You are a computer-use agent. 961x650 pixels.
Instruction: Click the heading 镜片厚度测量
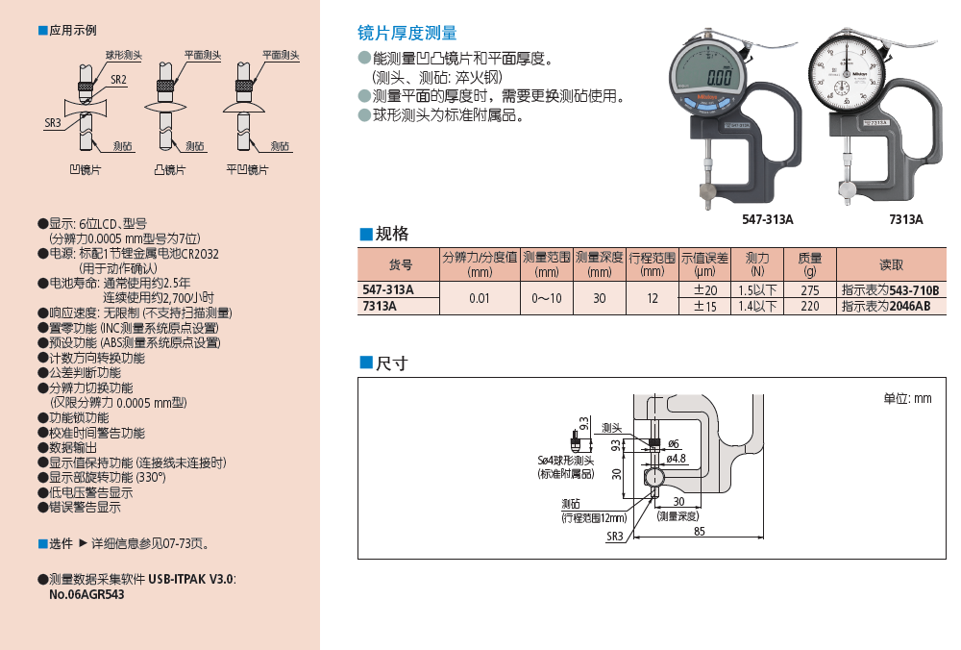(407, 35)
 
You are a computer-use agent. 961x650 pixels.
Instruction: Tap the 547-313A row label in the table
(388, 289)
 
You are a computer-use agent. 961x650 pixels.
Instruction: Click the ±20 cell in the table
(705, 289)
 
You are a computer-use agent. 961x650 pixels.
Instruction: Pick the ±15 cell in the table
(705, 306)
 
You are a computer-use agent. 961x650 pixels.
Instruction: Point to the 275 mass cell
(810, 289)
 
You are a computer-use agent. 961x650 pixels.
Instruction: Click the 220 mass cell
(810, 306)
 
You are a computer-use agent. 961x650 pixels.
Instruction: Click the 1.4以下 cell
(757, 306)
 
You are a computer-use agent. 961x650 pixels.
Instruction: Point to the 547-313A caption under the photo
(768, 219)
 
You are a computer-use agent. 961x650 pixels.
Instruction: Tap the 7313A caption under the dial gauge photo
(905, 219)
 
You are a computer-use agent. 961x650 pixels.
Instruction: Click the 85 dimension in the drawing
(698, 531)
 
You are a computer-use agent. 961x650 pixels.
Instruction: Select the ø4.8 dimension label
(677, 459)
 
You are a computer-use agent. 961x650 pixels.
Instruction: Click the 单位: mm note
(907, 398)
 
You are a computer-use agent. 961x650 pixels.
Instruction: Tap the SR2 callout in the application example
(118, 80)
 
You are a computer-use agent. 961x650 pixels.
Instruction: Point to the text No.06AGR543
(86, 594)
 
